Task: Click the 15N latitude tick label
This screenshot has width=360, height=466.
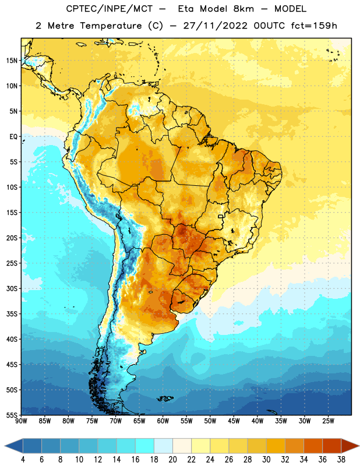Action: point(12,61)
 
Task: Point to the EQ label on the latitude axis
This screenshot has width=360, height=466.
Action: point(13,137)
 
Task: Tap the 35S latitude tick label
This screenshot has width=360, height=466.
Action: point(12,314)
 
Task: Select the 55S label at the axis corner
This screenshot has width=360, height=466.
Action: point(12,415)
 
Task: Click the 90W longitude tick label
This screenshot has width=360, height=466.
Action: point(21,421)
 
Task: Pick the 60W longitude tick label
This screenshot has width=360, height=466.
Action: point(163,421)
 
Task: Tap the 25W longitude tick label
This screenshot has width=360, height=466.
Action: point(328,421)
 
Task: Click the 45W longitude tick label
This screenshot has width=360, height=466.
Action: point(234,421)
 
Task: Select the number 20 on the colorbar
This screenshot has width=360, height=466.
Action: point(172,460)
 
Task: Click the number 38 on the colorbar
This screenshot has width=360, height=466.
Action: point(341,460)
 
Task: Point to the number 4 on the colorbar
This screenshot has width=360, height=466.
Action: point(23,460)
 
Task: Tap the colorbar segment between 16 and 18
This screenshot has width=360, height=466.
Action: point(145,446)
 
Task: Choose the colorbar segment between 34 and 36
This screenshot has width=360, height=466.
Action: point(313,446)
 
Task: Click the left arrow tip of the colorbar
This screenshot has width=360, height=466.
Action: point(5,446)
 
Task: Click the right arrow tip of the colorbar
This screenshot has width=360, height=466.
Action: point(359,446)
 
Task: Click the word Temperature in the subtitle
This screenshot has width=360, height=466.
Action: point(111,26)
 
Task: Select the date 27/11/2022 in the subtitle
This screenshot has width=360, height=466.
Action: point(215,26)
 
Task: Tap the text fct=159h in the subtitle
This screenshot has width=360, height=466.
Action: point(314,26)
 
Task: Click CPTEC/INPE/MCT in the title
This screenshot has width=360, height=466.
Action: point(110,9)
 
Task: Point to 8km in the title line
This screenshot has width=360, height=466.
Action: point(243,9)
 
